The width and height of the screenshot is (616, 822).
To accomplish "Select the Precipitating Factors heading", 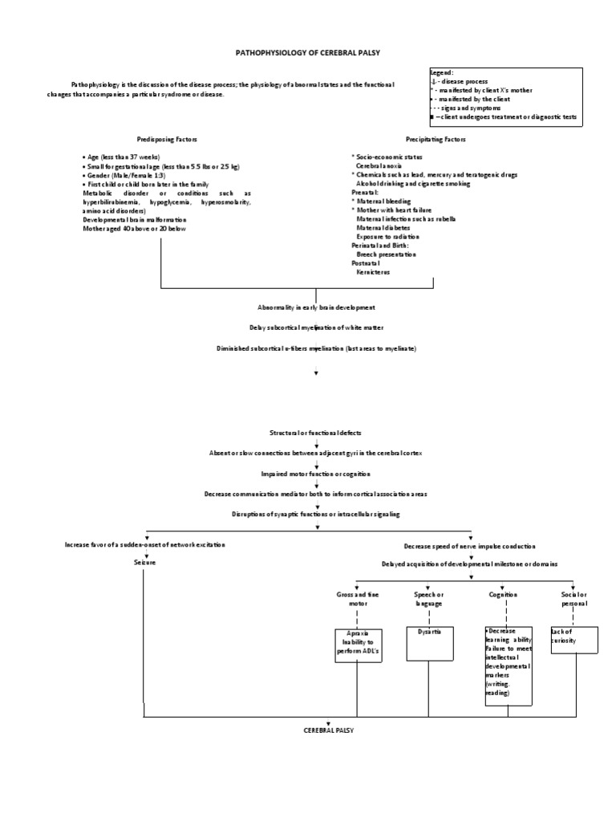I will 436,139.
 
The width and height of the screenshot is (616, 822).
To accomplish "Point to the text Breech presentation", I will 386,254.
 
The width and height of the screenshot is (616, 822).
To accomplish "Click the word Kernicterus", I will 372,272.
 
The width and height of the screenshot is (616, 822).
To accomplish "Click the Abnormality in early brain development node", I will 316,307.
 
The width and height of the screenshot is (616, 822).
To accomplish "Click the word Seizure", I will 144,563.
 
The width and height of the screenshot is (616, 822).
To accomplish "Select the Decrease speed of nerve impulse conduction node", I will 470,545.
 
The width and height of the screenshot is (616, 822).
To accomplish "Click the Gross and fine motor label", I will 356,598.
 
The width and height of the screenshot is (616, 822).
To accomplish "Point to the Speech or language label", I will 428,598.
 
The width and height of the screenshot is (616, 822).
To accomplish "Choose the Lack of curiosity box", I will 573,640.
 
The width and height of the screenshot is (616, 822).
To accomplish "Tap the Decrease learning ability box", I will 508,665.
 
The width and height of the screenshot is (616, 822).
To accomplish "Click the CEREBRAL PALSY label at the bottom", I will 328,731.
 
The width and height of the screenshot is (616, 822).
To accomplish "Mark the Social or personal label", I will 573,598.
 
